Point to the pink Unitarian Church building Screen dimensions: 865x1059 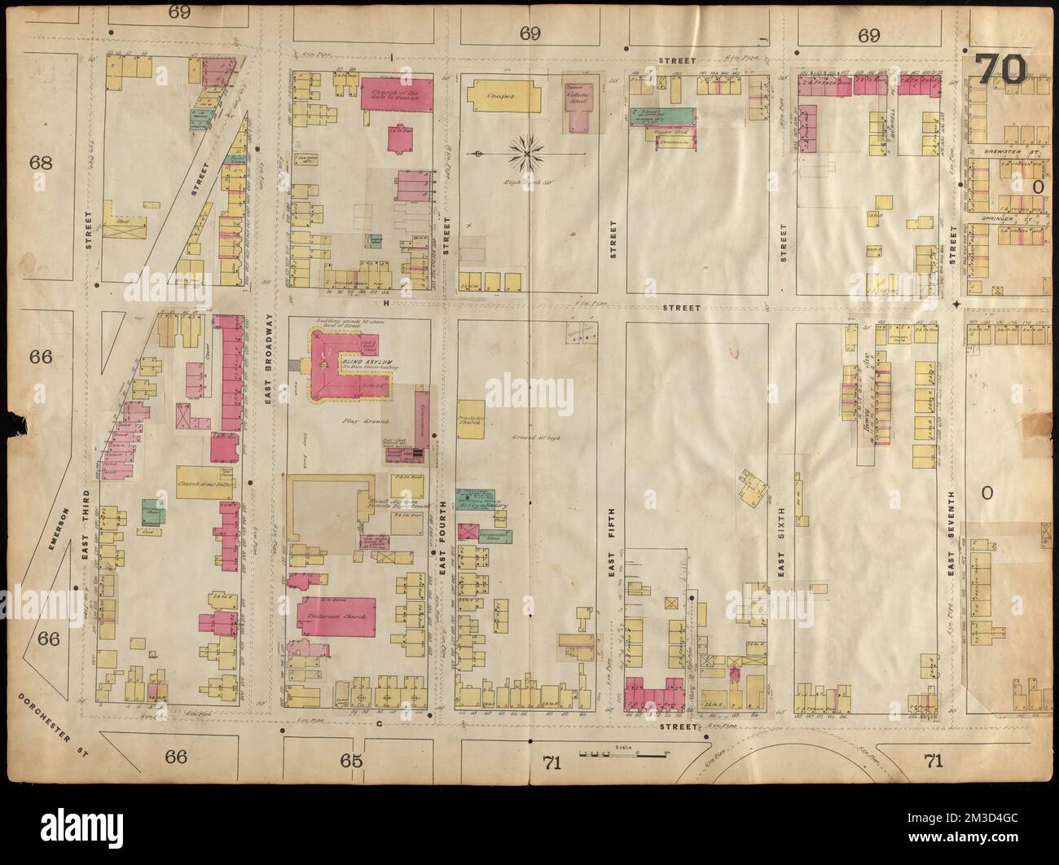click(x=337, y=618)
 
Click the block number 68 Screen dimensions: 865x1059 click(x=41, y=162)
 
